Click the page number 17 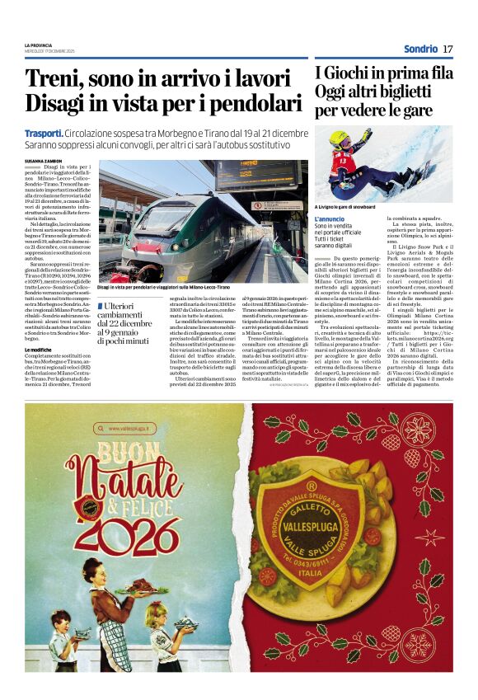click(448, 49)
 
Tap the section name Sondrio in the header click(420, 49)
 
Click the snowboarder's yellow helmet click(340, 136)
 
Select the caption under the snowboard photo click(355, 207)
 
